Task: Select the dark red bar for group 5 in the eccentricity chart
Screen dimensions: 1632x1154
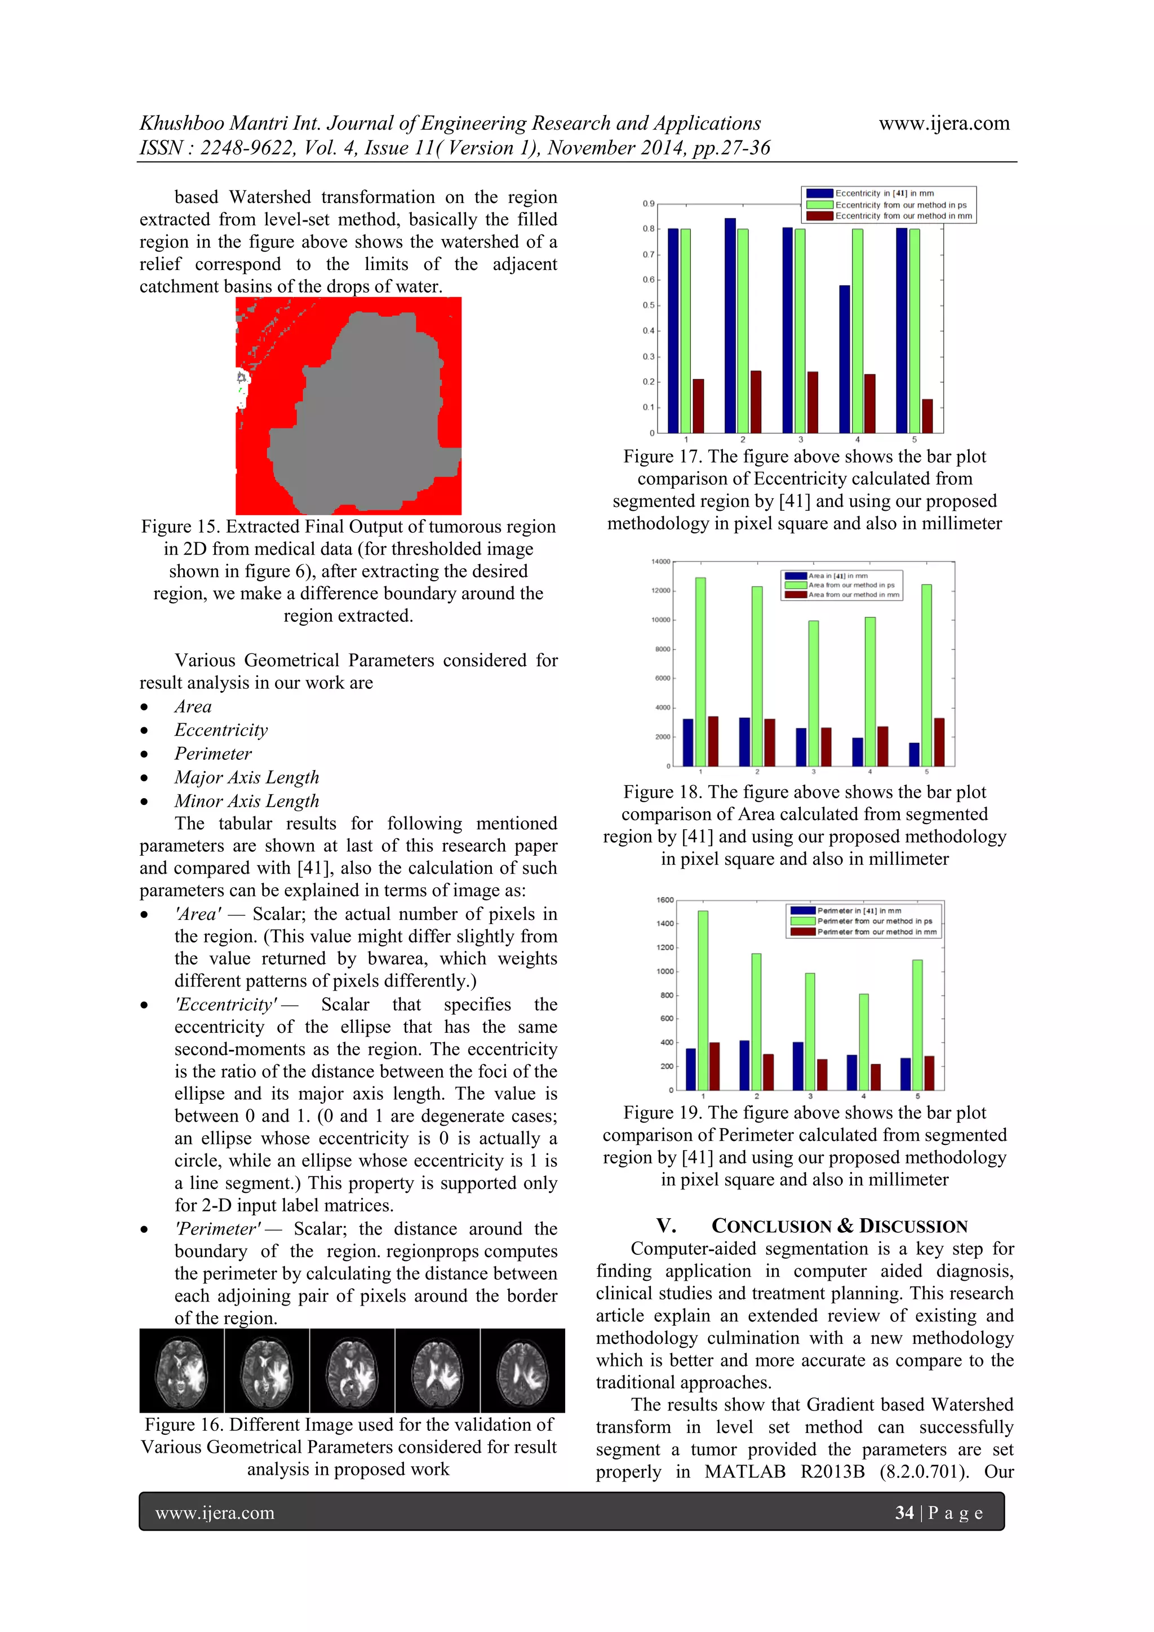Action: coord(927,417)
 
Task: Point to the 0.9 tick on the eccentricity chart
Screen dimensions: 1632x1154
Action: coord(648,204)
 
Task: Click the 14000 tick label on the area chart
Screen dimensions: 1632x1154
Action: coord(660,561)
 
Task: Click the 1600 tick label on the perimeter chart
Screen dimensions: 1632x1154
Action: coord(664,900)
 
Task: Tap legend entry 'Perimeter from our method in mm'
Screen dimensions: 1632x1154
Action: coord(876,932)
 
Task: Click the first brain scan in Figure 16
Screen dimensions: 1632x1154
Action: coord(182,1370)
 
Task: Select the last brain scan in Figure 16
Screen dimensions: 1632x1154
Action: coord(522,1370)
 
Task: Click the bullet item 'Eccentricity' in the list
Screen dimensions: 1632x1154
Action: coord(221,730)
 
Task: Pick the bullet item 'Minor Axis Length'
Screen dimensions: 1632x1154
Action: coord(247,801)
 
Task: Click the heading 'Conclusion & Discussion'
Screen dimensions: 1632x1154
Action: coord(839,1226)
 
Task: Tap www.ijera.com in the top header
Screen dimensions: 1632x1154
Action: coord(944,123)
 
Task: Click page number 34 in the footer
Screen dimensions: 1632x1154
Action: coord(904,1512)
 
